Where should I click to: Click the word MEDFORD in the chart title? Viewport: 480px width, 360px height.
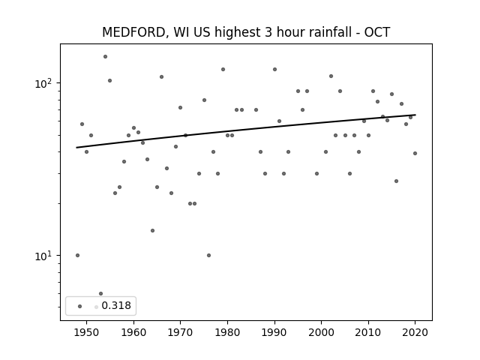pos(134,32)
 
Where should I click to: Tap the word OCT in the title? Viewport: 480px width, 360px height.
pos(376,32)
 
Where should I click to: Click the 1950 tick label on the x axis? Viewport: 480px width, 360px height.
pos(87,332)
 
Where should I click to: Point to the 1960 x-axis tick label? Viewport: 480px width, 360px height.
pos(133,332)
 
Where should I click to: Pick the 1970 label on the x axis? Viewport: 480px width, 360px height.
pos(180,332)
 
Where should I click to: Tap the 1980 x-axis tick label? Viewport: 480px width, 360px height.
pos(227,332)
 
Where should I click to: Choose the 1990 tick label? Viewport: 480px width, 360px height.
pos(274,332)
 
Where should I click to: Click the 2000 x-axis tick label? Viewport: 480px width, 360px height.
pos(322,332)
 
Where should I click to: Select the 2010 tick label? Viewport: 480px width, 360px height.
pos(368,332)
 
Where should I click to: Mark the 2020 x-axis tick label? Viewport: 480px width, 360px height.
pos(415,332)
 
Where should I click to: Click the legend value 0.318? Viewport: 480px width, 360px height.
pos(116,305)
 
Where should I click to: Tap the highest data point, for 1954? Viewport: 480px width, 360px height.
pos(105,57)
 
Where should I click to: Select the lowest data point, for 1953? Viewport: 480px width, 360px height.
pos(100,293)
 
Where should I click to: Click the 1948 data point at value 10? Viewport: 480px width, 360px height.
pos(77,255)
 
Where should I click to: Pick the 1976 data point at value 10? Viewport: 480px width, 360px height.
pos(208,255)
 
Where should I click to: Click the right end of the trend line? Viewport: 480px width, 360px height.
pos(415,115)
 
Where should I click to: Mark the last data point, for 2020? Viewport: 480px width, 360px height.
pos(415,153)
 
